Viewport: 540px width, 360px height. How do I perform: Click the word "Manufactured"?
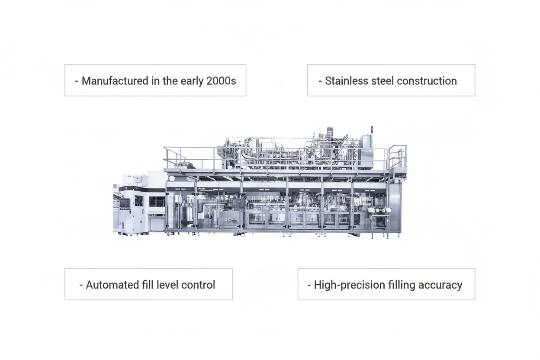click(115, 81)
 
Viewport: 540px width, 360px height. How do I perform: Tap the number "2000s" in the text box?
click(221, 81)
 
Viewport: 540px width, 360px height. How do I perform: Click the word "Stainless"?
click(347, 81)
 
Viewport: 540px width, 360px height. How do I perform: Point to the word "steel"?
click(382, 81)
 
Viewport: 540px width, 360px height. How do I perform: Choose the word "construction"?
click(427, 81)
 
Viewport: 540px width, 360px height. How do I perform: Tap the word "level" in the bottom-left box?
click(167, 285)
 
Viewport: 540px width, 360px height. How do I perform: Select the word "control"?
click(198, 285)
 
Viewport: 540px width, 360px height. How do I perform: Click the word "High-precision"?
click(349, 285)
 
